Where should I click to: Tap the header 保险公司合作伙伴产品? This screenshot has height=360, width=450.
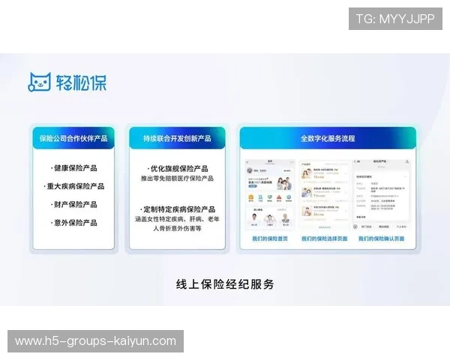click(x=73, y=139)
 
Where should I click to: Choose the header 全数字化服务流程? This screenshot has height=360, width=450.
click(x=328, y=139)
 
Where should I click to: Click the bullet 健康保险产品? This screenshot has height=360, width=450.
click(x=74, y=168)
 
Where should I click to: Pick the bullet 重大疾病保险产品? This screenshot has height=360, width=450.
click(x=74, y=186)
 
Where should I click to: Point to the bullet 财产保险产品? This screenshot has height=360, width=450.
click(x=74, y=204)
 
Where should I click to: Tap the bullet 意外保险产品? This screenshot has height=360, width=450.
click(x=74, y=223)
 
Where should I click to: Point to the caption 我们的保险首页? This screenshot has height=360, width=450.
click(x=269, y=239)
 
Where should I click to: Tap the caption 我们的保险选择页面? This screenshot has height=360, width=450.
click(x=327, y=239)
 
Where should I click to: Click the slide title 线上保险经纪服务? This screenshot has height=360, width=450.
click(x=225, y=284)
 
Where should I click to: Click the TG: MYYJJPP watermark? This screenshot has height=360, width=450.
click(x=395, y=19)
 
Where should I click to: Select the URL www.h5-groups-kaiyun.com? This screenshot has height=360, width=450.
click(x=95, y=341)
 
